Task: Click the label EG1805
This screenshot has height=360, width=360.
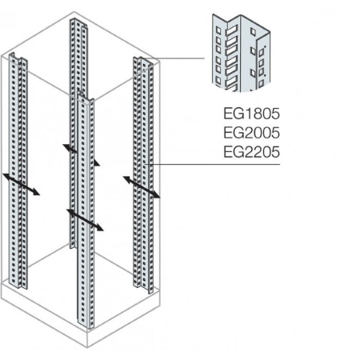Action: point(251,114)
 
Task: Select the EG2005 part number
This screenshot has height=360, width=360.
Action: point(251,133)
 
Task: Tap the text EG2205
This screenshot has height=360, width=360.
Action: point(251,152)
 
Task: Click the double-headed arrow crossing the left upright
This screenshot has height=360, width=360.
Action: point(22,184)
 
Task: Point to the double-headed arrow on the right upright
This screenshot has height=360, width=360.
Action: point(142,187)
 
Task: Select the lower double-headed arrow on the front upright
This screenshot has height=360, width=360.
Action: point(85,220)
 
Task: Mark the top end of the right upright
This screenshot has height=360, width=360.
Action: point(143,60)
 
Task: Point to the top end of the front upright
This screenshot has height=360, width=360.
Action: point(86,95)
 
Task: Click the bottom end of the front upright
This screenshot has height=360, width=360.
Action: point(86,325)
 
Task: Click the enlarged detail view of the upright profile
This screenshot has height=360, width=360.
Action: point(241,53)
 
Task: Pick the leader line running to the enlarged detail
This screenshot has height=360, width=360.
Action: point(178,58)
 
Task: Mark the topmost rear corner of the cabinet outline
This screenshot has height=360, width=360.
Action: point(74,11)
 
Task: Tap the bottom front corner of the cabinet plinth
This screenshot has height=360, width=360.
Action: point(87,347)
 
